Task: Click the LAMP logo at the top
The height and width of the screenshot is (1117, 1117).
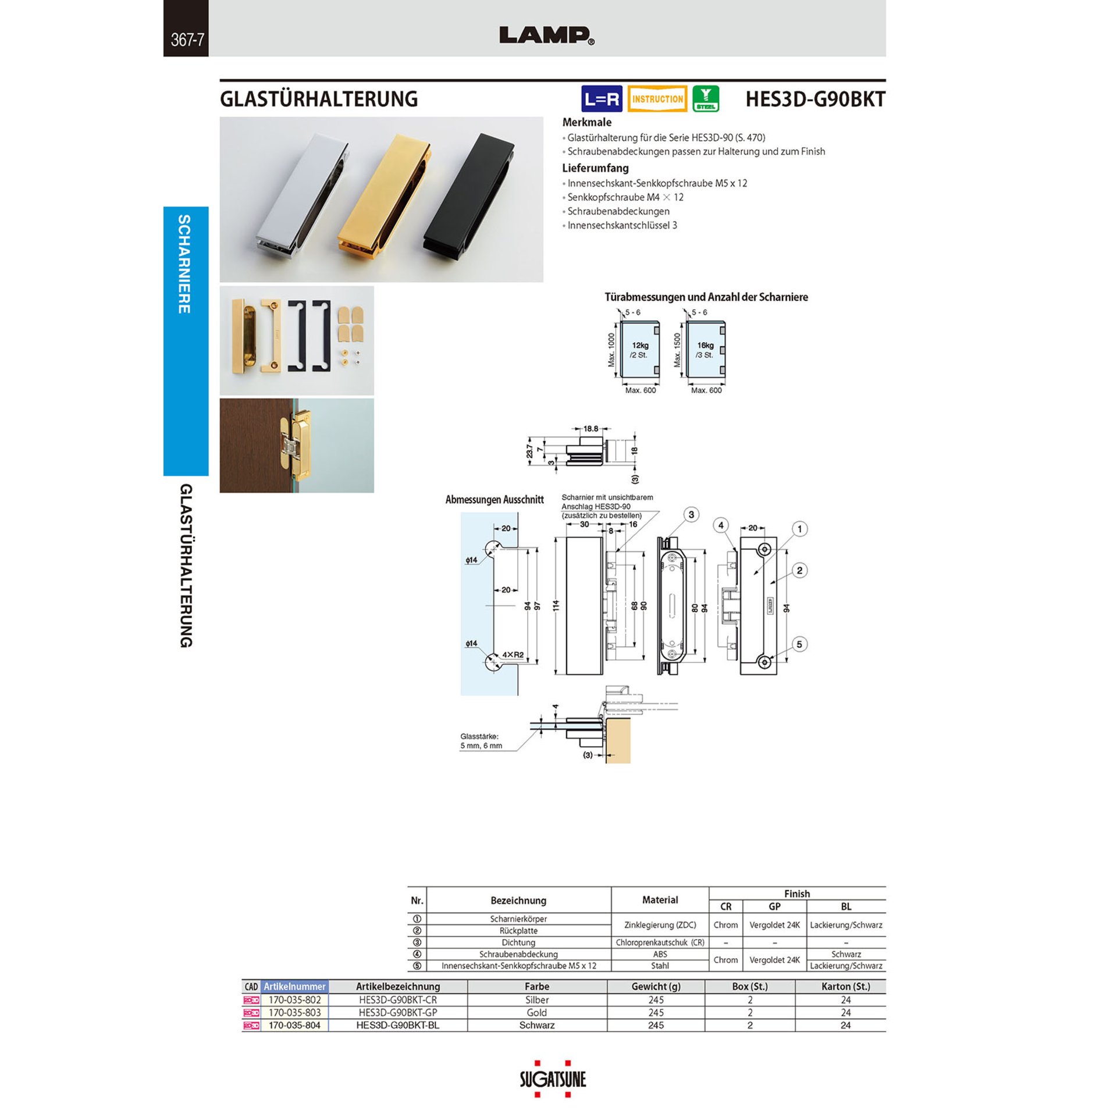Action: [x=546, y=35]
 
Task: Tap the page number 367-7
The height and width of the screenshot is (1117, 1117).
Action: [x=187, y=40]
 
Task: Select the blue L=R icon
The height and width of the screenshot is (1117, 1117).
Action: [x=602, y=99]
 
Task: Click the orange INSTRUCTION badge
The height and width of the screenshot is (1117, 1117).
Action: [x=657, y=99]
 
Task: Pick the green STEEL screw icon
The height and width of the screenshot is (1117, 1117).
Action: [x=706, y=99]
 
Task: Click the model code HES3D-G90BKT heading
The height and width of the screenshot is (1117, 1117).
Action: [x=815, y=99]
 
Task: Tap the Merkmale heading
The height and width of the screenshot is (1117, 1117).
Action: [x=586, y=122]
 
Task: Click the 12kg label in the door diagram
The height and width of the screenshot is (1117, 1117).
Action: [x=640, y=345]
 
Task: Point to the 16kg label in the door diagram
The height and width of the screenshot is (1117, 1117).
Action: [x=705, y=345]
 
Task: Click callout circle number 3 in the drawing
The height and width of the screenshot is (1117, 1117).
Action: [x=691, y=515]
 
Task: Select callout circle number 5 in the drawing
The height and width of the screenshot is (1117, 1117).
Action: [x=799, y=644]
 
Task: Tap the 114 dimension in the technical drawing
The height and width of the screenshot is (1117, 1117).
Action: [x=556, y=606]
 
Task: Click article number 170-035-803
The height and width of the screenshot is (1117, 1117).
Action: [x=294, y=1012]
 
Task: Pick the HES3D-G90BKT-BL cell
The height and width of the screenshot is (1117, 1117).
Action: [x=398, y=1025]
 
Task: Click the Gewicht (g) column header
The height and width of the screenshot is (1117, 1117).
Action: [x=656, y=986]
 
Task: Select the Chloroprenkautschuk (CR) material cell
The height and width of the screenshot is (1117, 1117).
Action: [x=660, y=942]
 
